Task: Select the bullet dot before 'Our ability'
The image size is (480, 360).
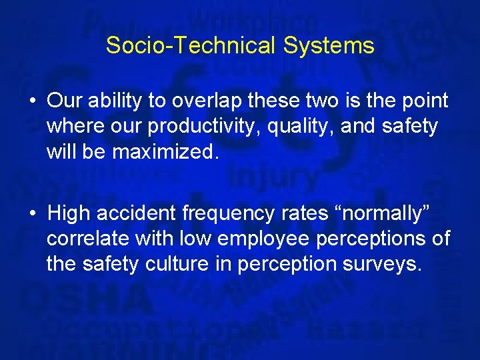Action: pyautogui.click(x=32, y=101)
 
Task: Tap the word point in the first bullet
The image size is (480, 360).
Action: pyautogui.click(x=425, y=101)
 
